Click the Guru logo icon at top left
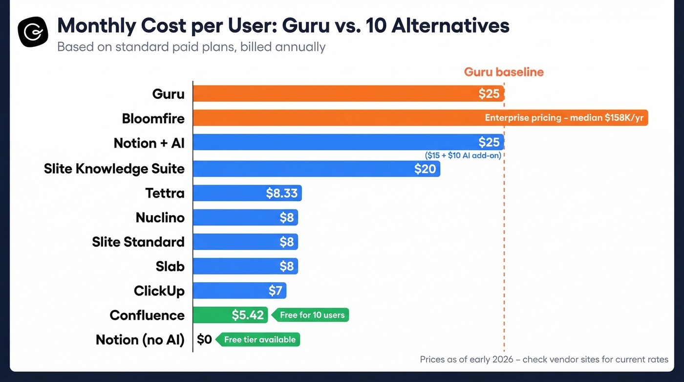click(33, 32)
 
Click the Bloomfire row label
click(153, 118)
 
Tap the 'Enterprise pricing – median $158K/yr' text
click(564, 118)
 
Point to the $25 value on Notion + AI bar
click(489, 142)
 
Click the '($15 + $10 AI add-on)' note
click(463, 156)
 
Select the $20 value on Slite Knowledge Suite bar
click(425, 169)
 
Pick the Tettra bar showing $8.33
click(247, 193)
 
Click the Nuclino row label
click(160, 218)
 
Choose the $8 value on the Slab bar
click(286, 267)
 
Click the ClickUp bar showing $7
click(239, 291)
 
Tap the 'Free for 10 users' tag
click(312, 315)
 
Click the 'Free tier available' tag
click(259, 339)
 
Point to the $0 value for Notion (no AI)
click(204, 339)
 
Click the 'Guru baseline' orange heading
click(504, 72)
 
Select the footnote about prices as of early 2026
click(544, 360)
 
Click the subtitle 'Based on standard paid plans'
click(191, 47)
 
